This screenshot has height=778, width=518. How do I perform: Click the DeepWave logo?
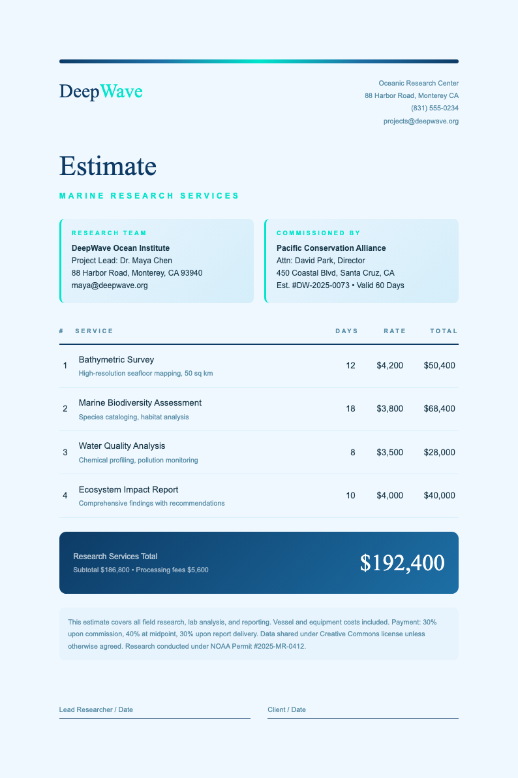coord(101,91)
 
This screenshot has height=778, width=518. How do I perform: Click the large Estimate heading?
coord(108,166)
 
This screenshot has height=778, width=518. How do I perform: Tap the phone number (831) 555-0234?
coord(434,108)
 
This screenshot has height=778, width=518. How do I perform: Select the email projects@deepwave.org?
coord(421,122)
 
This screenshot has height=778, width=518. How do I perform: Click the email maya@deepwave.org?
coord(110,285)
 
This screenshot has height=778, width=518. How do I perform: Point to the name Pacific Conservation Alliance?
coord(331,248)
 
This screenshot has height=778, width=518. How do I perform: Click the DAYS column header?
coord(346,331)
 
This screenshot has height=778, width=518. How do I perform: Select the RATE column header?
coord(395,331)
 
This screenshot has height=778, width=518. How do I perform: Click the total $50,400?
coord(439,365)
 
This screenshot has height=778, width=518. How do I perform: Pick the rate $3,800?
coord(389,408)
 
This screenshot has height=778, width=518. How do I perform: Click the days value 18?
coord(350,408)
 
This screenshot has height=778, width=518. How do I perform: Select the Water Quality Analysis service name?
coord(122,446)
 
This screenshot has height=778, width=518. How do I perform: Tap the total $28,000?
coord(439,452)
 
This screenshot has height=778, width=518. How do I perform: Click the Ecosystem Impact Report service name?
coord(129,490)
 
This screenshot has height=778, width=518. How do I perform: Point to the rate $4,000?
coord(389,496)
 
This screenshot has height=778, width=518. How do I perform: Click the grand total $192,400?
coord(402,563)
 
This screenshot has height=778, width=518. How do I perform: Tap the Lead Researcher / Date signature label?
coord(96,709)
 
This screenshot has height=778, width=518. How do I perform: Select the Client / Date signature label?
coord(286,709)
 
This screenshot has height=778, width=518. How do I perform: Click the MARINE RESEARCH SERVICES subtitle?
coord(149,195)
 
